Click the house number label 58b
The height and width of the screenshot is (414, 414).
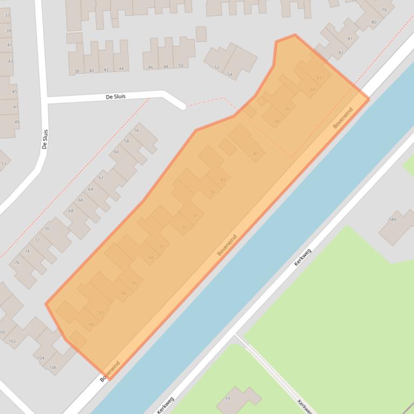pos(392,219)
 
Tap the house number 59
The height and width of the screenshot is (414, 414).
pos(227,398)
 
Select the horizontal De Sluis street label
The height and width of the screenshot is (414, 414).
pos(115,97)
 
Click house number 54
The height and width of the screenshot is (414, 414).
pos(230,75)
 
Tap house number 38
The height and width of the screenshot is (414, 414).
pos(76,71)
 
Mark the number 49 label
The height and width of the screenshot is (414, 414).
pos(16,122)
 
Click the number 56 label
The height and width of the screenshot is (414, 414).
pos(136,131)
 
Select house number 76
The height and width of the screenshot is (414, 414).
pos(17,262)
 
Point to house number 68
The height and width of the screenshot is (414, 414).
pos(71,211)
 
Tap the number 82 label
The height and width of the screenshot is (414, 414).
pos(341,53)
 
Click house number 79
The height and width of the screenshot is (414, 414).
pos(384,10)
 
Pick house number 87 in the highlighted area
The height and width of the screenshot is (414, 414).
pos(256,154)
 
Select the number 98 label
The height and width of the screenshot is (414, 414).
pos(90,324)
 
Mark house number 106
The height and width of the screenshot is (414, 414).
pos(52,368)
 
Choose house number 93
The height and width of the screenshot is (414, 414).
pos(162,246)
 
